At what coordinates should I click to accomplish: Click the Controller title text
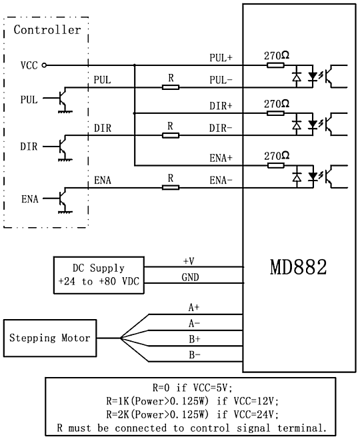47,30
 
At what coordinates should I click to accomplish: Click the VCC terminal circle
44,65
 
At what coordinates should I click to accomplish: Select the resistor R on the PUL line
171,87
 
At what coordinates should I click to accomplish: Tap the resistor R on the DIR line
171,136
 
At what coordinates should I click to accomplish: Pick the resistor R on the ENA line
171,188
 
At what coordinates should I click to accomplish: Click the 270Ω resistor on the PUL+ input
275,65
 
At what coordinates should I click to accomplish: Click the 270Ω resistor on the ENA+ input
276,166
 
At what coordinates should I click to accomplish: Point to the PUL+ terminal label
221,58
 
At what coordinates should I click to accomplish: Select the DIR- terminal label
221,129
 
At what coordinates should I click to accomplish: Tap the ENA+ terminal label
221,159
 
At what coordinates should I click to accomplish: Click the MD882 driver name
298,267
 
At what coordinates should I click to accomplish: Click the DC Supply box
99,275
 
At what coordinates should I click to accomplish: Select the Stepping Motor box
50,338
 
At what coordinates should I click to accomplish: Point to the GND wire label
190,277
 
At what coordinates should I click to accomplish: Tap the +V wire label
189,261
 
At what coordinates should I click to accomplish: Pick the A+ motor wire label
194,307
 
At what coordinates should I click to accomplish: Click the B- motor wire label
195,355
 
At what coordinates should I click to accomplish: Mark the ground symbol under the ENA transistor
65,213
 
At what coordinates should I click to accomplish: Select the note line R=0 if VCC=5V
192,388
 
